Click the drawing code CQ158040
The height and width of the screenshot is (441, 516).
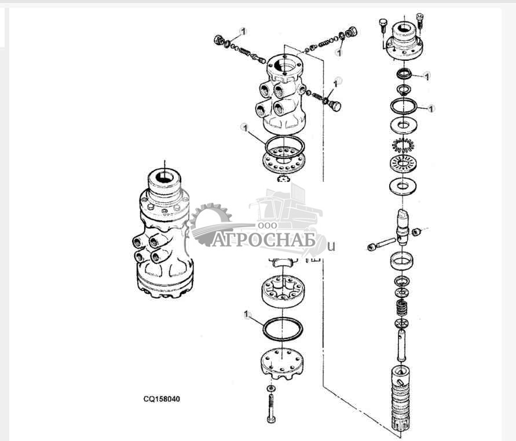coord(162,399)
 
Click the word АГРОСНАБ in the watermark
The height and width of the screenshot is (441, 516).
coord(264,240)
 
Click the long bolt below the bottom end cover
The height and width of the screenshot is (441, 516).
coord(271,409)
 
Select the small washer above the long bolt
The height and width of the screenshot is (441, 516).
coord(271,388)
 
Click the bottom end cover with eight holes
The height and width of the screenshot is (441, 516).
coord(281,364)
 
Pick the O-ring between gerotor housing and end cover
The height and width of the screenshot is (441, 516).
coord(283,329)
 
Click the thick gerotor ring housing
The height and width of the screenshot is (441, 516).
coord(284,291)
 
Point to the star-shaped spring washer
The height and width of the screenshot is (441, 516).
coord(403,144)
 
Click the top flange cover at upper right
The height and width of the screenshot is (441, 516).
coord(404,41)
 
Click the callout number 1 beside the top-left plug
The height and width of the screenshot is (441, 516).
coord(243,32)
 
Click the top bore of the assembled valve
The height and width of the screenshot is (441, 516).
coord(164,177)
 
